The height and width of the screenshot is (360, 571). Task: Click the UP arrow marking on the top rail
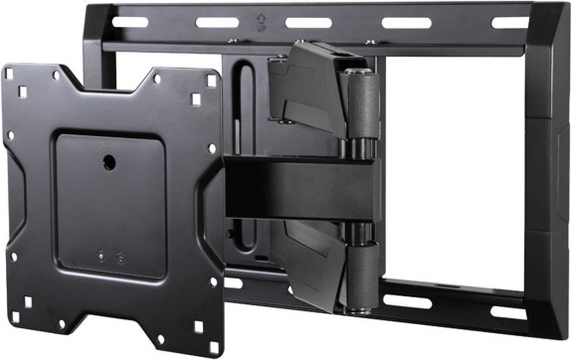pyautogui.click(x=261, y=22)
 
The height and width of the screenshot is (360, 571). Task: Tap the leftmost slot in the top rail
pyautogui.click(x=130, y=22)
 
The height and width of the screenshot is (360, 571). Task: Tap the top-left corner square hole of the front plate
pyautogui.click(x=9, y=73)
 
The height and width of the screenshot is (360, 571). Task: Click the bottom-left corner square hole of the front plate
pyautogui.click(x=16, y=317)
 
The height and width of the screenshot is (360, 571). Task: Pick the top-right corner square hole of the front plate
pyautogui.click(x=211, y=80)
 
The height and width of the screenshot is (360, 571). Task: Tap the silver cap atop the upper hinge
pyautogui.click(x=358, y=71)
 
